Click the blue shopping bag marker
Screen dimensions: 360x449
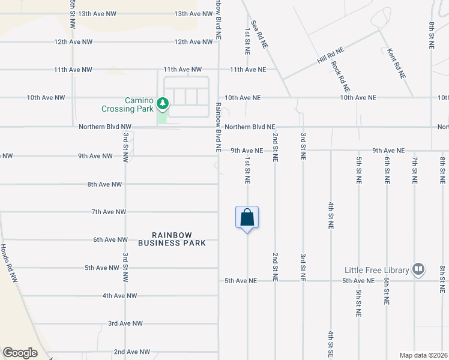(247, 218)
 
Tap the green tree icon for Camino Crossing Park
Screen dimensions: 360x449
(162, 104)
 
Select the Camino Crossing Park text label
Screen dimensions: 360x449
(128, 105)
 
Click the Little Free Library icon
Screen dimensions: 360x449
(418, 269)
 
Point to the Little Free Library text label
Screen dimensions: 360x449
(376, 270)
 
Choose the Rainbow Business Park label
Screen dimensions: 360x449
(172, 239)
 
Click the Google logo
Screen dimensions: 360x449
(20, 352)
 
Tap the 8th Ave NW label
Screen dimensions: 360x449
(105, 184)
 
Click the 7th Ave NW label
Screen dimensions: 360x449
(109, 212)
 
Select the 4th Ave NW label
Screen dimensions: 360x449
(119, 296)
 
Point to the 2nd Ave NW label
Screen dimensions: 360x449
(127, 352)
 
